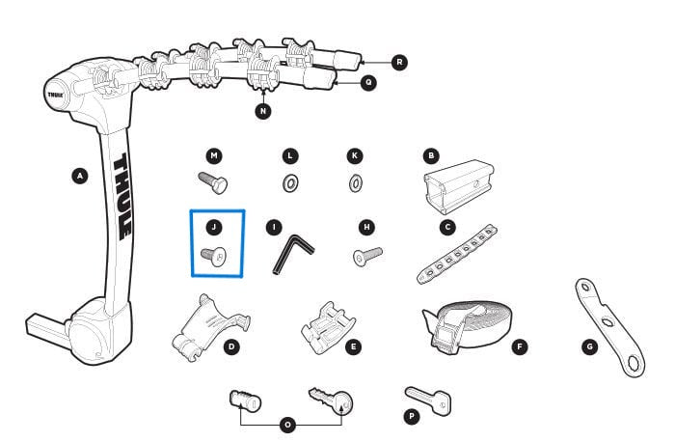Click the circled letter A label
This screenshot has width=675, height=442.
tap(79, 176)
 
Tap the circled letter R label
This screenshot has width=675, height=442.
tap(400, 62)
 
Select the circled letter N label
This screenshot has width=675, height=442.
tap(263, 111)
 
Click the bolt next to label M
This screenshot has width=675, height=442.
tap(213, 180)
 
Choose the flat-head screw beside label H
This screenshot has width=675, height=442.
tap(367, 255)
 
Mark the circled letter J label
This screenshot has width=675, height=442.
tap(214, 229)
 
